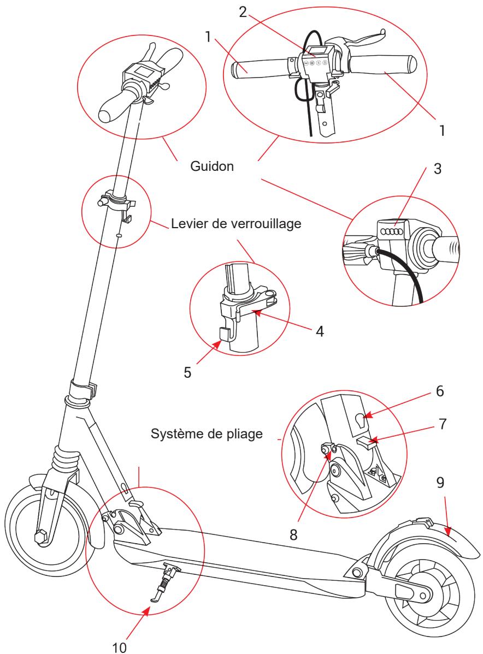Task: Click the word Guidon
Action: click(211, 167)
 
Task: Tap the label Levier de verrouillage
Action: click(236, 224)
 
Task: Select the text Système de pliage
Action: click(207, 434)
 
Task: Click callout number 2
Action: click(243, 12)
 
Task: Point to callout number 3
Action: click(438, 169)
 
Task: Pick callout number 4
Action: click(320, 331)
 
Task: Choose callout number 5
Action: click(187, 372)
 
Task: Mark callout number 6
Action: click(440, 391)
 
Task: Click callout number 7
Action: click(443, 424)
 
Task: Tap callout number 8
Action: click(293, 535)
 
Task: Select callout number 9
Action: click(440, 483)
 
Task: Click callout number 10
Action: click(119, 647)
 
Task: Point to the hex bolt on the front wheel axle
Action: click(42, 537)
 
